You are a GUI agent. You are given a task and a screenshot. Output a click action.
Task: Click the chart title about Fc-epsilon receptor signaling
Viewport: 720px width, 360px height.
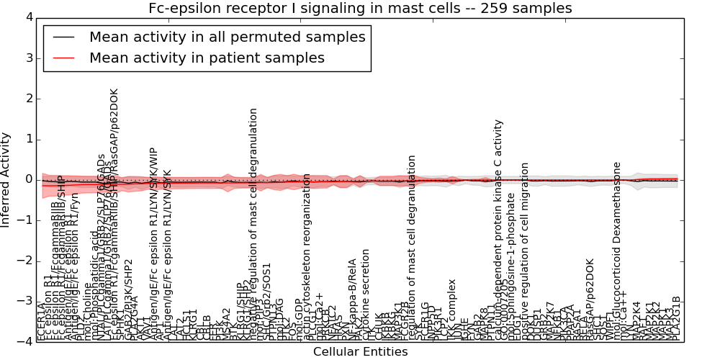[360, 9]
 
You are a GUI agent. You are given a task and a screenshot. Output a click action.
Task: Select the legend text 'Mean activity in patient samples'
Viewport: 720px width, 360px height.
[207, 58]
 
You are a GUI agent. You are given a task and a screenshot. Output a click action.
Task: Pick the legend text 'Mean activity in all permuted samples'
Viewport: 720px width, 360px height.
[227, 37]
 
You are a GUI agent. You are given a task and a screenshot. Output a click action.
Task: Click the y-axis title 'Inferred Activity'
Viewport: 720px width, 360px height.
[6, 180]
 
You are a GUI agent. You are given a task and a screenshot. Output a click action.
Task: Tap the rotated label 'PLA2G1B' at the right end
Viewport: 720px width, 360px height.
[676, 318]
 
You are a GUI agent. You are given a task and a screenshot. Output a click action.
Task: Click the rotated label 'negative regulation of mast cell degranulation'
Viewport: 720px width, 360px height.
[253, 223]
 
